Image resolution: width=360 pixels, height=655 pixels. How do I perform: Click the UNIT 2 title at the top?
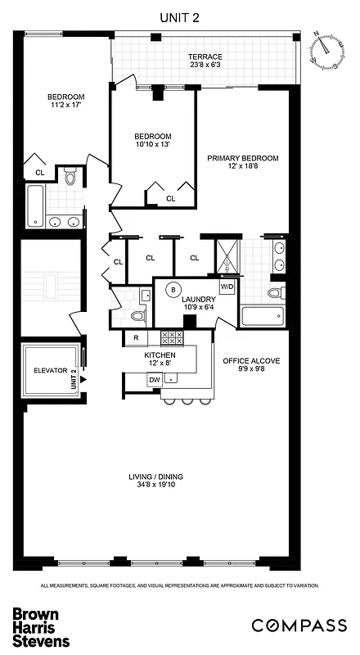point(179,14)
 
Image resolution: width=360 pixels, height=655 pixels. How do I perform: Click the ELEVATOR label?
point(48,370)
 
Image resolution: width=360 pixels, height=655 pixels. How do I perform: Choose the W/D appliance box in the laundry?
point(227,287)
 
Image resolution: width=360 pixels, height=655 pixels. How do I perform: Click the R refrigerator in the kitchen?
point(135,337)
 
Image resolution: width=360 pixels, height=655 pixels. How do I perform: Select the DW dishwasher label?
point(154,379)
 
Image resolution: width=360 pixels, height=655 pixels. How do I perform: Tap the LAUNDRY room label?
point(197,300)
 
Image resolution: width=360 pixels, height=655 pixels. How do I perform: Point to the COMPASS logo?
point(299,626)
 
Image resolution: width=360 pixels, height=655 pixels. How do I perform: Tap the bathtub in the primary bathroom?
point(263,314)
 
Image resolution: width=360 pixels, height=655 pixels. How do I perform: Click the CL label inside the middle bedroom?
point(170,198)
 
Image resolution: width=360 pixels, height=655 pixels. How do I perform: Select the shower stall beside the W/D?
point(224,255)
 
